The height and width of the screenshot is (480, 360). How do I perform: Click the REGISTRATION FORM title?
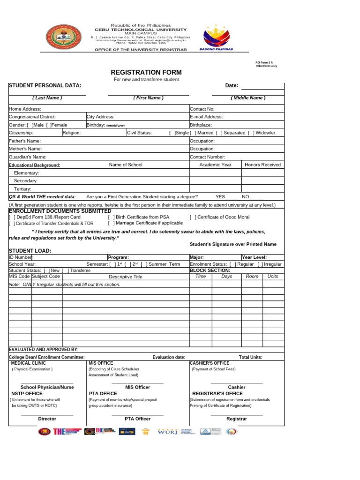point(146,73)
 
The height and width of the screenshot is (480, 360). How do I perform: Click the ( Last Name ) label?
point(47,98)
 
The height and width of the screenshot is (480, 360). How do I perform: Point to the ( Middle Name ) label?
point(248,98)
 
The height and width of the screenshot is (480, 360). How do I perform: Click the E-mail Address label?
point(206,117)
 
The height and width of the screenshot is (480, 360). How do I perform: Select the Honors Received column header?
point(262,165)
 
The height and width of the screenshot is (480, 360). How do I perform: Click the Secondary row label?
point(26,181)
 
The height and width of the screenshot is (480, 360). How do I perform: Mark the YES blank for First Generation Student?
point(232,197)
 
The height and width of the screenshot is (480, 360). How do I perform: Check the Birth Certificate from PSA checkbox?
point(111,217)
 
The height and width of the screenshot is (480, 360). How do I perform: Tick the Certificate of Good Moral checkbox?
point(193,217)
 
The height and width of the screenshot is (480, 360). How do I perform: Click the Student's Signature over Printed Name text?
point(233,244)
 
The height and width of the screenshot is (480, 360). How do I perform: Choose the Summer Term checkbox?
point(143,264)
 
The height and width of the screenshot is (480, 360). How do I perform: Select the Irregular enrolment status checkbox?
point(260,264)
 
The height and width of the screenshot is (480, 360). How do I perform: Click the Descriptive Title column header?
point(125,277)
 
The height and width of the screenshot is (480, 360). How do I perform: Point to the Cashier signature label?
point(236,387)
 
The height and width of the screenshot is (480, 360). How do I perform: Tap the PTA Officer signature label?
point(137,419)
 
